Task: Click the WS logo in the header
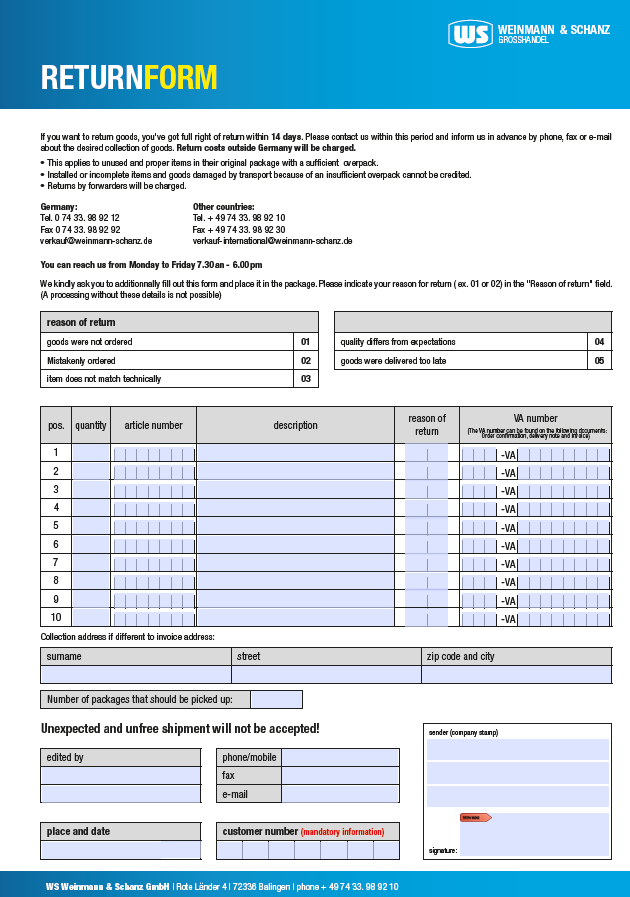tap(470, 34)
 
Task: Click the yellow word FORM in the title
tap(180, 78)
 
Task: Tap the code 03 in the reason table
tap(306, 379)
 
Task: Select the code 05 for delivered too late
tap(599, 360)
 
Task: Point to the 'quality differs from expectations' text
tap(398, 342)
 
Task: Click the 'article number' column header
tap(153, 425)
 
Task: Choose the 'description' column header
tap(295, 425)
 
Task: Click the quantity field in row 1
tap(91, 453)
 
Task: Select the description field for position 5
tap(295, 526)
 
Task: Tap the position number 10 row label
tap(56, 618)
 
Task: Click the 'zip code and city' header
tap(460, 657)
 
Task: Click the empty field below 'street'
tap(326, 675)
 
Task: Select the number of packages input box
tap(276, 700)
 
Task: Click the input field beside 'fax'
tap(340, 776)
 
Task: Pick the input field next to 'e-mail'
tap(340, 794)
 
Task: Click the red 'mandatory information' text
tap(342, 832)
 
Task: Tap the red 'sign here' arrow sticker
tap(475, 817)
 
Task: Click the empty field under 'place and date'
tap(120, 851)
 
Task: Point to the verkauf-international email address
tap(272, 241)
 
